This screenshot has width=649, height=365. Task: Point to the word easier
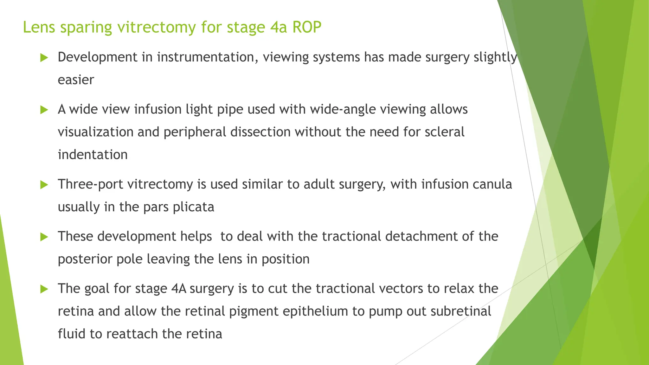coord(76,80)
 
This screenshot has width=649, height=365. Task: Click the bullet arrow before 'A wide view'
coord(44,110)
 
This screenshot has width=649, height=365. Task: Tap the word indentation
coord(93,155)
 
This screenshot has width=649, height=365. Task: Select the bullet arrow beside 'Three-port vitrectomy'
coord(44,185)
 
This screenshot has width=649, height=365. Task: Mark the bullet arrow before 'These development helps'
coord(44,237)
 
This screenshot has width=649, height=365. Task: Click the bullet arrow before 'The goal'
coord(44,289)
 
